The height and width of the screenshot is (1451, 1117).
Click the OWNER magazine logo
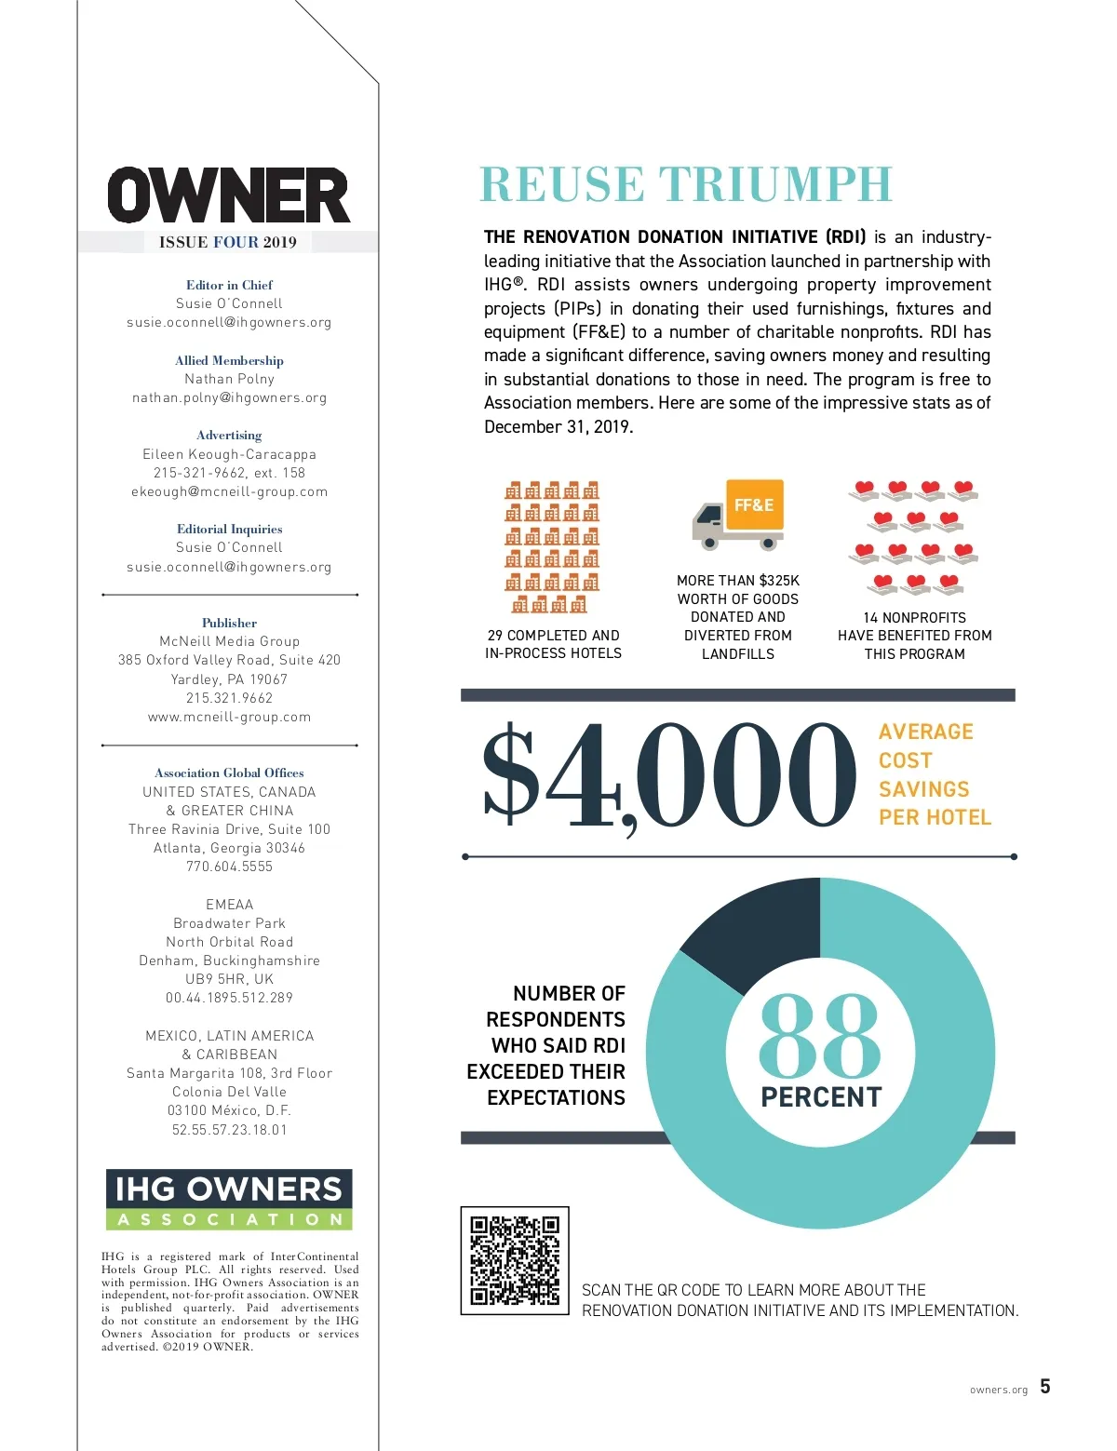click(229, 195)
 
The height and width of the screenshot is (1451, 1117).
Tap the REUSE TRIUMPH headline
click(686, 184)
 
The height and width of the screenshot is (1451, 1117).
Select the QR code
click(515, 1260)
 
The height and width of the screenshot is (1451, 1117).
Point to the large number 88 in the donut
click(819, 1036)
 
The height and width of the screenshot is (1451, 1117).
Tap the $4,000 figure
click(668, 777)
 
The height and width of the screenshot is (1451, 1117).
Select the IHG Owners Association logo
click(229, 1200)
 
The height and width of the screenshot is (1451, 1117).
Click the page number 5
click(1045, 1387)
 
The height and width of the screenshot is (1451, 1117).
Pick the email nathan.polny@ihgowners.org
click(229, 398)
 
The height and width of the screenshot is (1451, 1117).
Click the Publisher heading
click(229, 623)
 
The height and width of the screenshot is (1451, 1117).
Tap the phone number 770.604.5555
click(229, 867)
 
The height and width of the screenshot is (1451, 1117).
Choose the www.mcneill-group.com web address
click(229, 717)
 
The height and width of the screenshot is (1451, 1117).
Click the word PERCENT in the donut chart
click(820, 1097)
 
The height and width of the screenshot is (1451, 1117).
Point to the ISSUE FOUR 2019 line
click(228, 242)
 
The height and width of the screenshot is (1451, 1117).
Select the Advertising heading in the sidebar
click(229, 435)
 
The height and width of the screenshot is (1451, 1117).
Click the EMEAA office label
click(229, 905)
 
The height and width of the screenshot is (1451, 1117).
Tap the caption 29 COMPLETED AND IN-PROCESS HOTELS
click(553, 644)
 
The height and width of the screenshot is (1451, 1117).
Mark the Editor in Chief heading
click(229, 285)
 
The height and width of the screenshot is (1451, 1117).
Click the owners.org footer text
click(999, 1391)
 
